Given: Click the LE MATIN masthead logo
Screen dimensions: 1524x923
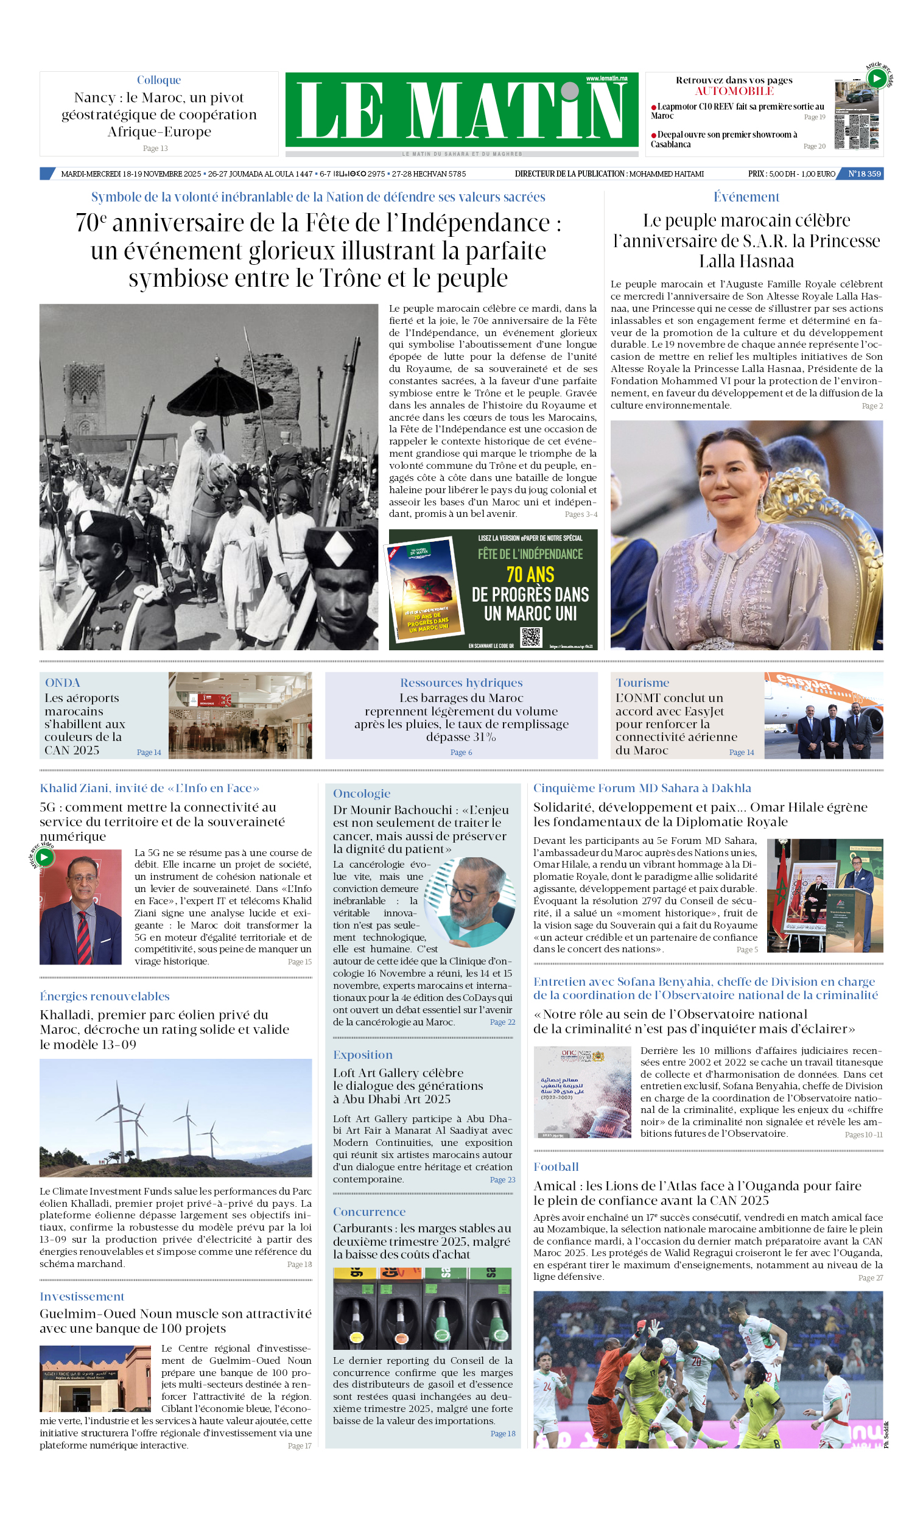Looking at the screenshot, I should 461,110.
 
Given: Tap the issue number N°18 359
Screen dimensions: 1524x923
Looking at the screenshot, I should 863,174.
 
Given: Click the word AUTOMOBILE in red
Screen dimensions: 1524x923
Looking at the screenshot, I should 734,91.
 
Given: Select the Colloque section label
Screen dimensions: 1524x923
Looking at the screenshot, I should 159,80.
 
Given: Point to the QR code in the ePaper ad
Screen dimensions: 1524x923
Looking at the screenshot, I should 531,637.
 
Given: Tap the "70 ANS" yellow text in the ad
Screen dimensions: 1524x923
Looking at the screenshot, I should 530,575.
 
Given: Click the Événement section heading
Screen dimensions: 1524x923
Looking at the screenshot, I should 746,197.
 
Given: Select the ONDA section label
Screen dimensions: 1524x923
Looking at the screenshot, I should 63,682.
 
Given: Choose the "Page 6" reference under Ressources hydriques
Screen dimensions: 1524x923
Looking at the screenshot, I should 461,752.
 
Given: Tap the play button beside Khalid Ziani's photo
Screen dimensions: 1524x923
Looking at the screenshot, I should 44,857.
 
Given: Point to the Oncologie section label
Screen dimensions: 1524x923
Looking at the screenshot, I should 361,793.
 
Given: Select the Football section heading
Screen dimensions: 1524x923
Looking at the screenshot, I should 556,1167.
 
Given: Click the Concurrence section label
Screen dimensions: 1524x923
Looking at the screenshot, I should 370,1212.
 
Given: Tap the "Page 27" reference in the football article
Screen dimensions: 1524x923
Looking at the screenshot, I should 870,1278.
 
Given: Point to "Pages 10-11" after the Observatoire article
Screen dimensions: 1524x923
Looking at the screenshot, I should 863,1134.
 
